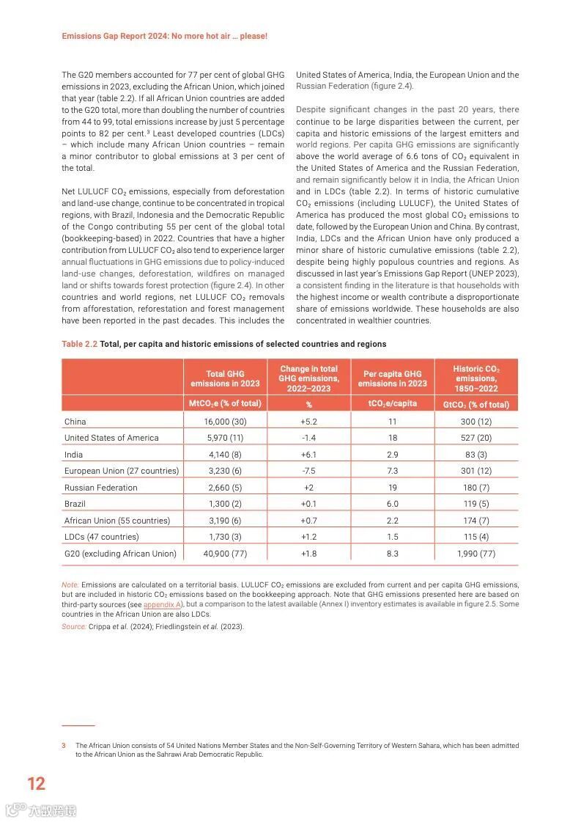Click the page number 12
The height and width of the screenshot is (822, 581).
(36, 783)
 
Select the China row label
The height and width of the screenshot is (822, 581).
(75, 422)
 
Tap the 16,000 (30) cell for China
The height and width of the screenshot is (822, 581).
(225, 422)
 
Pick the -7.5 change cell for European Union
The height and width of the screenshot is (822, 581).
(308, 471)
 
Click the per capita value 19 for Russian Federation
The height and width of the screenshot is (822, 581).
(392, 488)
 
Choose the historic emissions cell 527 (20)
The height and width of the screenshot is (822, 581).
(475, 438)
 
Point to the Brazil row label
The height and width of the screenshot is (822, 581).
(75, 504)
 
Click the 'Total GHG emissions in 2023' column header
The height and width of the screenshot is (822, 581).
(225, 378)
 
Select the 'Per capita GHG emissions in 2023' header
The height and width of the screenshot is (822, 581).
(392, 378)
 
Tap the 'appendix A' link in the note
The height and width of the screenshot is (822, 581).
(158, 604)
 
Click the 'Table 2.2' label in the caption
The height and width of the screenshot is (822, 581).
(79, 344)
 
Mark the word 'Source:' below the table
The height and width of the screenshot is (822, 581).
(74, 626)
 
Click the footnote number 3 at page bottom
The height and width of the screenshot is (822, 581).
(64, 745)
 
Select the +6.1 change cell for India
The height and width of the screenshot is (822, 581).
(308, 455)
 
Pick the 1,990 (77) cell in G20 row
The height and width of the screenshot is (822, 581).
(475, 554)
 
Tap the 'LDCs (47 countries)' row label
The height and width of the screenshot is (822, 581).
(101, 537)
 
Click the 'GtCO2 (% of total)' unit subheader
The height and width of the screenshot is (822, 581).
(475, 404)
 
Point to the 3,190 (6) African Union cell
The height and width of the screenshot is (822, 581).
(225, 521)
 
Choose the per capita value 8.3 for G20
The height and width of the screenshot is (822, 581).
(392, 554)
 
